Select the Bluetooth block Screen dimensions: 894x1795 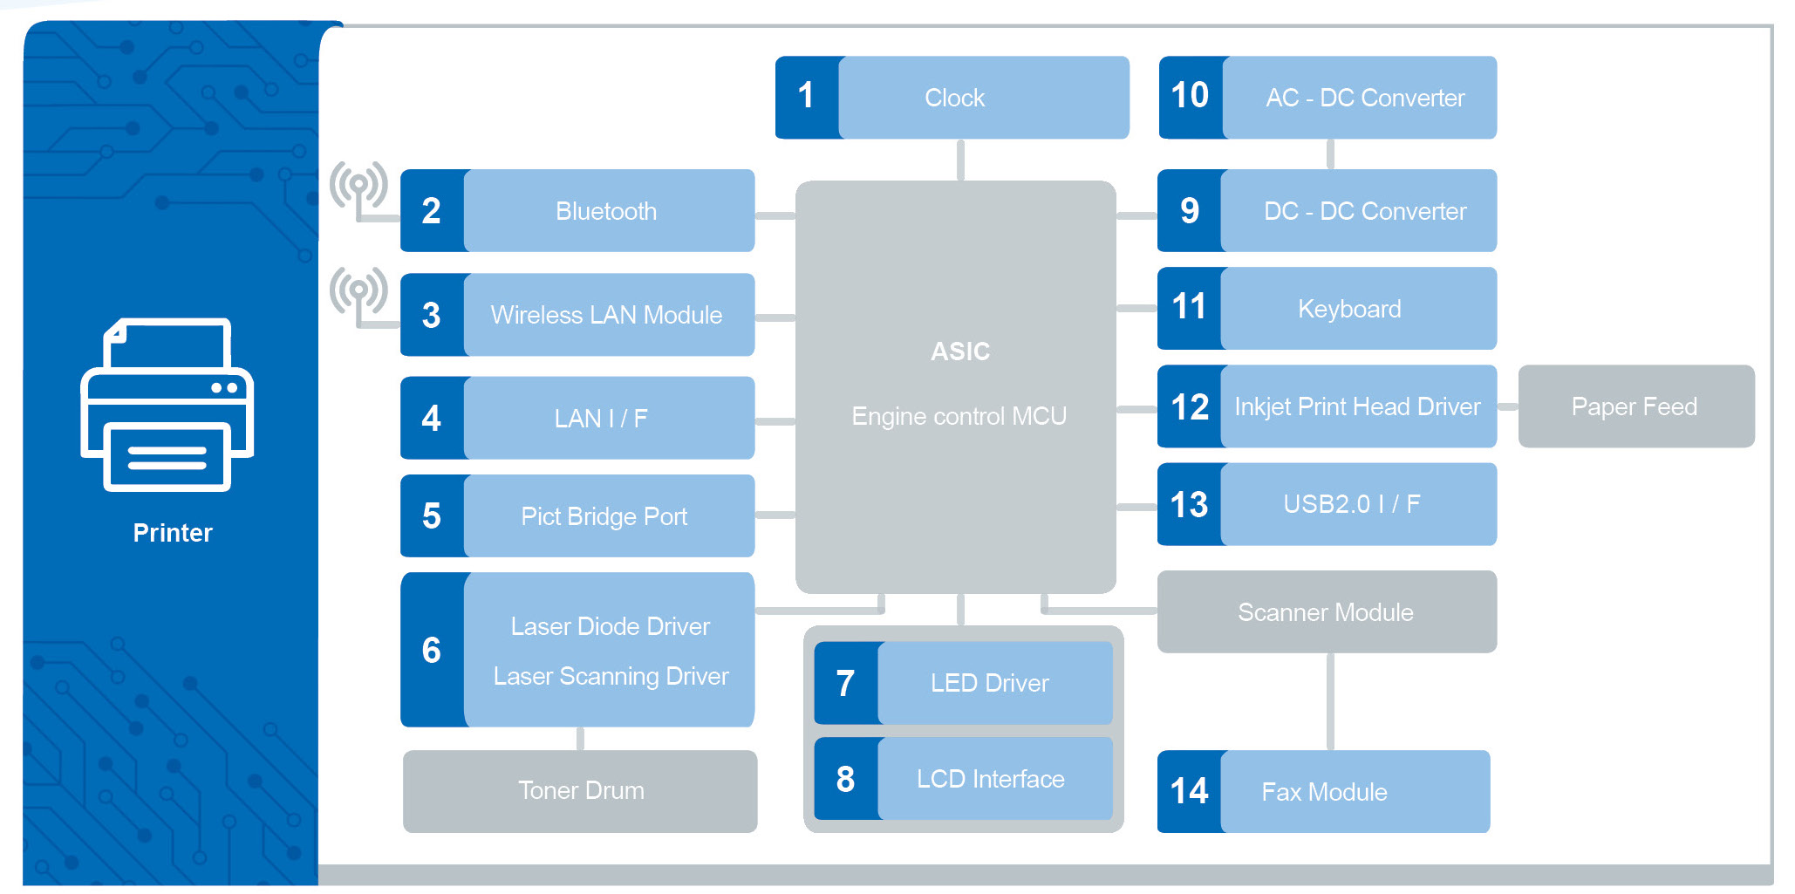click(607, 211)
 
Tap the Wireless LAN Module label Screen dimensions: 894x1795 click(606, 315)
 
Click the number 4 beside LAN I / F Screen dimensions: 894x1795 click(431, 419)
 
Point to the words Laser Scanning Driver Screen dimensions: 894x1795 click(611, 676)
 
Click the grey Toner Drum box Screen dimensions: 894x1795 click(580, 791)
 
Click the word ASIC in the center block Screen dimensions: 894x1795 click(959, 351)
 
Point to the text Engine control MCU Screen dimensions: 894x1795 click(959, 416)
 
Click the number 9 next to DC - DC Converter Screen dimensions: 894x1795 click(1189, 211)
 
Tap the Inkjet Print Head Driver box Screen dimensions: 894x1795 click(1357, 406)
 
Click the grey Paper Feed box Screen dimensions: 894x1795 click(1635, 406)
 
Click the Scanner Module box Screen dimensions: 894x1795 click(1326, 612)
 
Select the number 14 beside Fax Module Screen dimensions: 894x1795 click(1189, 792)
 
